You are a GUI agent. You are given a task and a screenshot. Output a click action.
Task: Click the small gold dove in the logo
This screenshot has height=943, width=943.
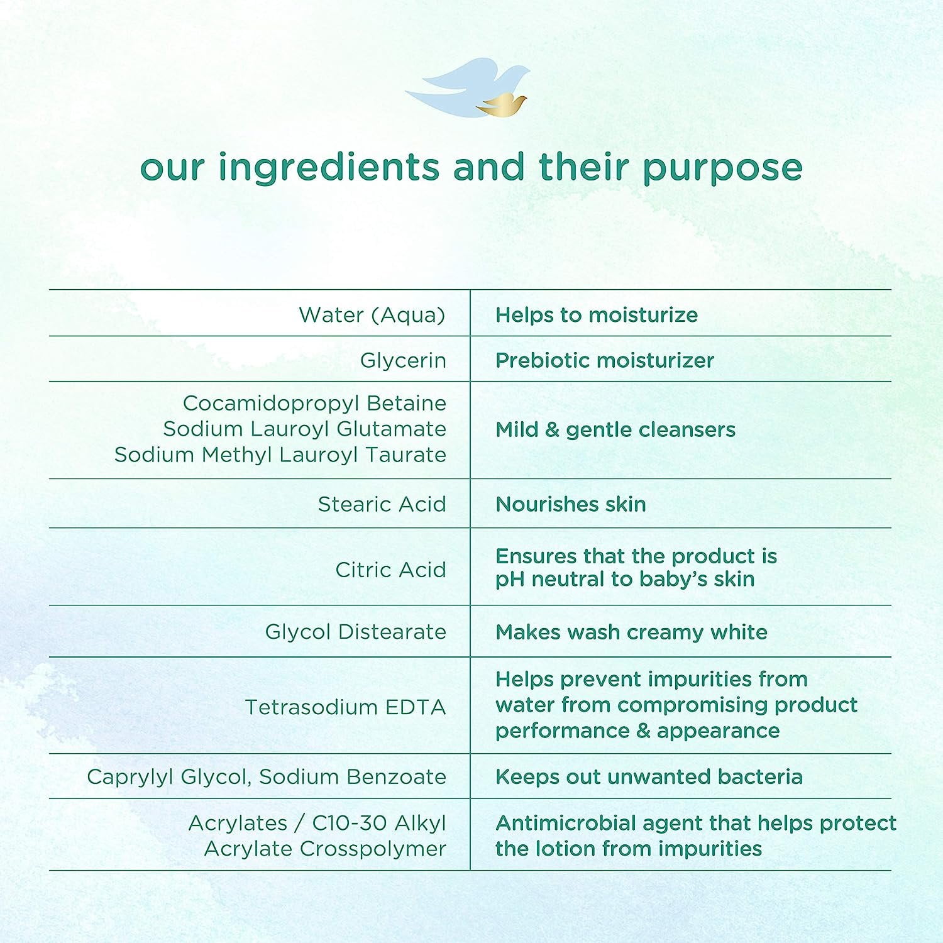click(x=501, y=104)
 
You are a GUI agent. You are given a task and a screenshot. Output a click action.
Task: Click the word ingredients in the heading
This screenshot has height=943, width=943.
click(x=329, y=168)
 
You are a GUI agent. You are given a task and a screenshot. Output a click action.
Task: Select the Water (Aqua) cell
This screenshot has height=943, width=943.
click(x=372, y=314)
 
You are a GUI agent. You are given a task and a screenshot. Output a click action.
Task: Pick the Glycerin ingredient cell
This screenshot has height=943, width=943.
click(x=403, y=360)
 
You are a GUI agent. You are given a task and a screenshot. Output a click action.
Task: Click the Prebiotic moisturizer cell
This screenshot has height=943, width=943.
click(x=605, y=360)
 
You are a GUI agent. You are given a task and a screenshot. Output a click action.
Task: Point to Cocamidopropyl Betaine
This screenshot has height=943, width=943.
click(x=314, y=402)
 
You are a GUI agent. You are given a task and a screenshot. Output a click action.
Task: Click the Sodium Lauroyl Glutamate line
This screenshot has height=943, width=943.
click(x=305, y=428)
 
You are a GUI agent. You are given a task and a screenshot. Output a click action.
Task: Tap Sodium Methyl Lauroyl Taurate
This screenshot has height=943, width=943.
click(x=280, y=454)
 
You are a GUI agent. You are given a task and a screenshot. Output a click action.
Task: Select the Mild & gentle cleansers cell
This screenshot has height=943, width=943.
click(x=615, y=429)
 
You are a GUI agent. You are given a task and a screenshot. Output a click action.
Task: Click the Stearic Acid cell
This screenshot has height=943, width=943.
click(x=382, y=504)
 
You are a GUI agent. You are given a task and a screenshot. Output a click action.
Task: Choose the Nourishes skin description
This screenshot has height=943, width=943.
click(x=571, y=504)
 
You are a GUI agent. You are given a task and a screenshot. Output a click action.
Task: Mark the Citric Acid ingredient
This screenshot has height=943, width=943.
click(x=391, y=570)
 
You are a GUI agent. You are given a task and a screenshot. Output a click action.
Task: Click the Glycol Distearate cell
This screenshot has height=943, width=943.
click(x=356, y=631)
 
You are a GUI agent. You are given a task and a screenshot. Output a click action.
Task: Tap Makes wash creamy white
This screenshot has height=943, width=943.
click(x=631, y=632)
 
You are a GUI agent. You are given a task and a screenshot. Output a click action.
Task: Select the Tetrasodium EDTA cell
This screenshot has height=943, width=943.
click(x=346, y=707)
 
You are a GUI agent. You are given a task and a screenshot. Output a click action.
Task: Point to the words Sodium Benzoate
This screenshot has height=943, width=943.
click(x=353, y=776)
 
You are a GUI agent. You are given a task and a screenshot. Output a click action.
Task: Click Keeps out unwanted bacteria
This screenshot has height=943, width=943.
click(x=649, y=776)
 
